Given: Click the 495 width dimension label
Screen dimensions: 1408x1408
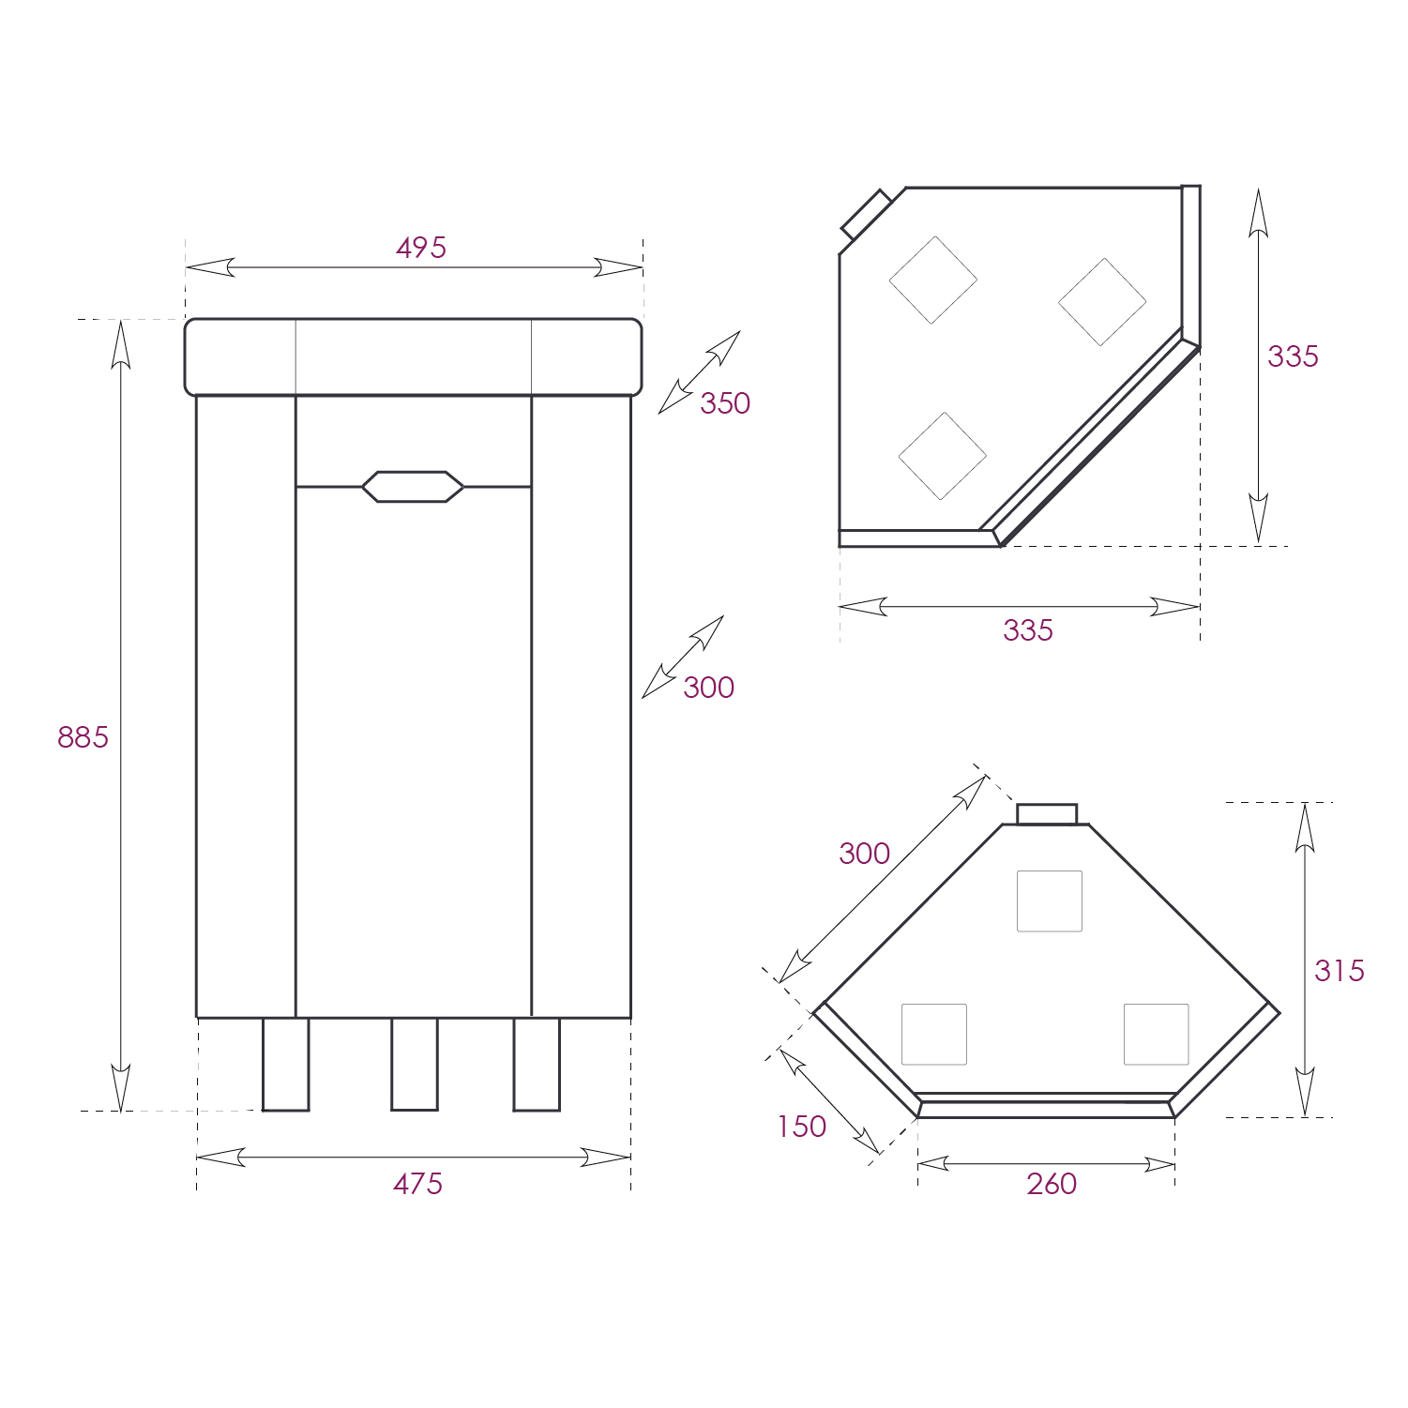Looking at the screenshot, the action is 421,248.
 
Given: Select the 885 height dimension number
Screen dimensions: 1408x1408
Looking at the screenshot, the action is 83,737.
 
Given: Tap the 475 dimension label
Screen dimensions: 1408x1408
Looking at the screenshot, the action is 417,1184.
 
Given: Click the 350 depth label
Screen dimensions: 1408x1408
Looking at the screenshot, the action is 725,403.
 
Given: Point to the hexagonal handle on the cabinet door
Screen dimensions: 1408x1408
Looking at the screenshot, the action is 413,487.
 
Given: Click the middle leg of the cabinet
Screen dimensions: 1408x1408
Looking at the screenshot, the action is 415,1064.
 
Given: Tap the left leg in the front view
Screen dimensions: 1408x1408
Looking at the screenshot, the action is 286,1064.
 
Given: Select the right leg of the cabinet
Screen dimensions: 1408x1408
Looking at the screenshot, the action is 537,1064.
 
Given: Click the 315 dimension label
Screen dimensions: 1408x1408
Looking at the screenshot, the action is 1340,971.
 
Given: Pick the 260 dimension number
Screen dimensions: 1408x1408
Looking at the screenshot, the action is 1052,1184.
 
